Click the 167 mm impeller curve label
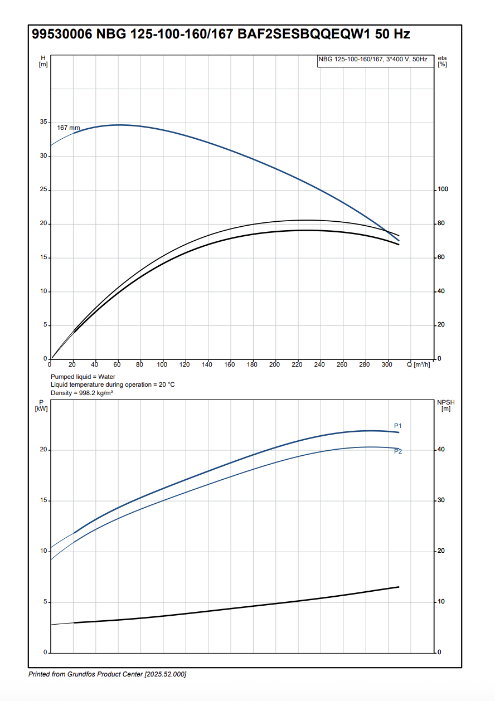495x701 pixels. pyautogui.click(x=69, y=128)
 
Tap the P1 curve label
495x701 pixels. pyautogui.click(x=397, y=426)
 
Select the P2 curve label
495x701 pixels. pyautogui.click(x=398, y=451)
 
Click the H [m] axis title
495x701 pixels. pyautogui.click(x=43, y=61)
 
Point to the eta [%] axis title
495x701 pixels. pyautogui.click(x=443, y=61)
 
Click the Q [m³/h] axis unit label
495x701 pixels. pyautogui.click(x=418, y=364)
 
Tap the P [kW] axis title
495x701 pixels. pyautogui.click(x=41, y=405)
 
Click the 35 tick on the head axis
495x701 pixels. pyautogui.click(x=43, y=122)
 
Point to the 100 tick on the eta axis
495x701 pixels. pyautogui.click(x=443, y=189)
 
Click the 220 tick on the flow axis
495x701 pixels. pyautogui.click(x=297, y=364)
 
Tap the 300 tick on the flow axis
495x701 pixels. pyautogui.click(x=387, y=364)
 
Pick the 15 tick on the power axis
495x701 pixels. pyautogui.click(x=43, y=500)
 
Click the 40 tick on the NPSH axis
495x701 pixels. pyautogui.click(x=441, y=449)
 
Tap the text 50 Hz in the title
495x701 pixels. pyautogui.click(x=392, y=34)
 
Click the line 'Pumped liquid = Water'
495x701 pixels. pyautogui.click(x=82, y=377)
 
